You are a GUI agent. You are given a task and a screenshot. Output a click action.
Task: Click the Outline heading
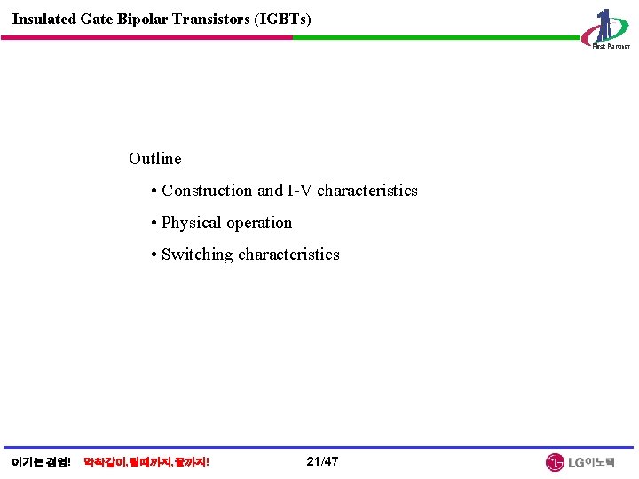coord(154,159)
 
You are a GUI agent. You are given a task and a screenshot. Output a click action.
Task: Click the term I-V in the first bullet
coord(299,191)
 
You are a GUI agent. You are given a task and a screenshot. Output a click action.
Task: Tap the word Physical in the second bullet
coord(192,223)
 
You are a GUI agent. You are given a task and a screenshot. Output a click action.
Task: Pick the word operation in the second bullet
coord(259,223)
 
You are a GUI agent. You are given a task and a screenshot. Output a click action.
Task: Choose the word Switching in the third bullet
coord(197,255)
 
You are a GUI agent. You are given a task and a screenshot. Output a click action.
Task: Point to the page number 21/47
coord(322,461)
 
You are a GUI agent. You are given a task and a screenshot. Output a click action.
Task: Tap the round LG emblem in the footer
coord(555,462)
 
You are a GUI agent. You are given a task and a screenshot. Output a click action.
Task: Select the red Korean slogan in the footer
coord(146,462)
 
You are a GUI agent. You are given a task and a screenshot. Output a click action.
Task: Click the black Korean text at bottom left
coord(41,462)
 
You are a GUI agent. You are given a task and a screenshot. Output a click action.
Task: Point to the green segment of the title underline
coord(435,37)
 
